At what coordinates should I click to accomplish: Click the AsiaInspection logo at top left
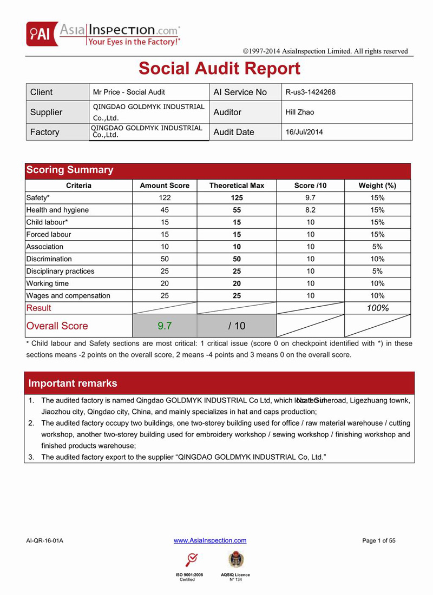pyautogui.click(x=103, y=34)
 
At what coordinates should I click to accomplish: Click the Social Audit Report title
pyautogui.click(x=219, y=69)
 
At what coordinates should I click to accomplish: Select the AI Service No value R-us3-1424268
pyautogui.click(x=310, y=92)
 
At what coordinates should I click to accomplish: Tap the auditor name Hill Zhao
pyautogui.click(x=299, y=112)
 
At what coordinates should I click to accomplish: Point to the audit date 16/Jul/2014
pyautogui.click(x=304, y=132)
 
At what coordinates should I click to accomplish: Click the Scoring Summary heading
pyautogui.click(x=70, y=170)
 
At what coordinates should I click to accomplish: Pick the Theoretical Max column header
pyautogui.click(x=237, y=186)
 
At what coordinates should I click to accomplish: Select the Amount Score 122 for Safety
pyautogui.click(x=165, y=198)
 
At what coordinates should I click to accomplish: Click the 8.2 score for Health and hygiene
pyautogui.click(x=310, y=210)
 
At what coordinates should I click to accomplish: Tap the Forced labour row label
pyautogui.click(x=49, y=234)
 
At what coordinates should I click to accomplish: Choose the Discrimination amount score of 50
pyautogui.click(x=165, y=259)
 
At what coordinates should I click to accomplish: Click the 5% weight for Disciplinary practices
pyautogui.click(x=377, y=271)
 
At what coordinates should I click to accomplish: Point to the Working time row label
pyautogui.click(x=48, y=283)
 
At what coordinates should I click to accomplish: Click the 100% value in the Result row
pyautogui.click(x=377, y=308)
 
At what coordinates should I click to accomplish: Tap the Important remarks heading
pyautogui.click(x=73, y=383)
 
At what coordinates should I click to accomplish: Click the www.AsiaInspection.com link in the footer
pyautogui.click(x=210, y=540)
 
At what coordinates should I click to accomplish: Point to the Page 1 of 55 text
pyautogui.click(x=379, y=540)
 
